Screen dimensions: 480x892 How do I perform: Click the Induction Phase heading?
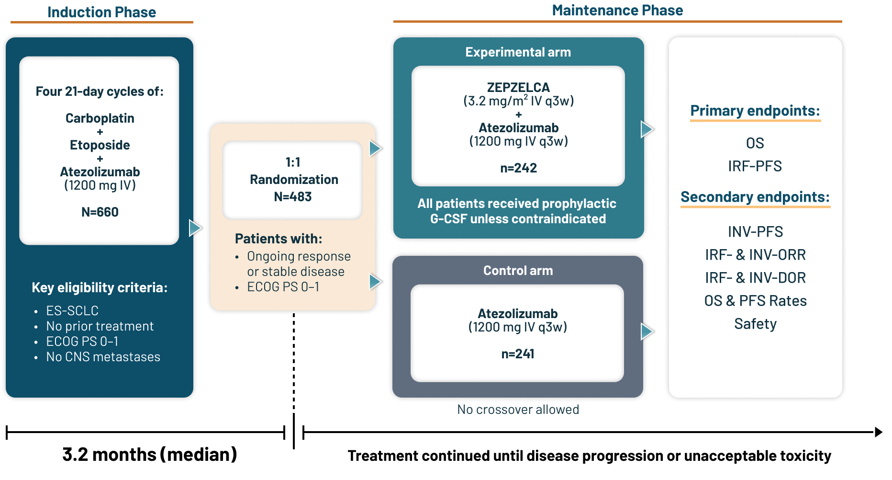pyautogui.click(x=101, y=12)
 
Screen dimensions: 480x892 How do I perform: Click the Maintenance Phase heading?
pyautogui.click(x=617, y=11)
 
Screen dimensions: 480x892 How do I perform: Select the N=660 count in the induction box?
pyautogui.click(x=100, y=212)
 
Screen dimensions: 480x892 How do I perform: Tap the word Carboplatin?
pyautogui.click(x=100, y=118)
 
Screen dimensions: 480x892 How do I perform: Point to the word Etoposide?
pyautogui.click(x=100, y=145)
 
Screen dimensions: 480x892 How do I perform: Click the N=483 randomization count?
pyautogui.click(x=292, y=196)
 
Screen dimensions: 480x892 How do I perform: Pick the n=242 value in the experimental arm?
pyautogui.click(x=518, y=168)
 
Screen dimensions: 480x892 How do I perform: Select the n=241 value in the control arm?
pyautogui.click(x=517, y=354)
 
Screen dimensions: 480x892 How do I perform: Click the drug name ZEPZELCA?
pyautogui.click(x=518, y=88)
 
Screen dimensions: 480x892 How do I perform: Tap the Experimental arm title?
pyautogui.click(x=518, y=52)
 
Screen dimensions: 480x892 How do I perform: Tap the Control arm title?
pyautogui.click(x=518, y=271)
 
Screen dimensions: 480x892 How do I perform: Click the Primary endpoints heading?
pyautogui.click(x=755, y=111)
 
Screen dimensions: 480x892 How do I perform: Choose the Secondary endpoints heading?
pyautogui.click(x=755, y=197)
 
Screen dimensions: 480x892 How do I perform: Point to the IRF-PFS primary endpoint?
pyautogui.click(x=755, y=166)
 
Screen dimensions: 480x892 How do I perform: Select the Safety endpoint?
pyautogui.click(x=755, y=324)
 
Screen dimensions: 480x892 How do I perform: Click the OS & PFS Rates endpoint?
pyautogui.click(x=755, y=301)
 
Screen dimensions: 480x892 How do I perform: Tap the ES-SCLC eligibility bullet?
pyautogui.click(x=72, y=311)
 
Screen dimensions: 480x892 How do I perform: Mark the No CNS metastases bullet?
pyautogui.click(x=103, y=357)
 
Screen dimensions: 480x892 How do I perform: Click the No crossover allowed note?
pyautogui.click(x=518, y=410)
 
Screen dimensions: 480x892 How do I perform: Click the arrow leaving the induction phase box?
pyautogui.click(x=195, y=228)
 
